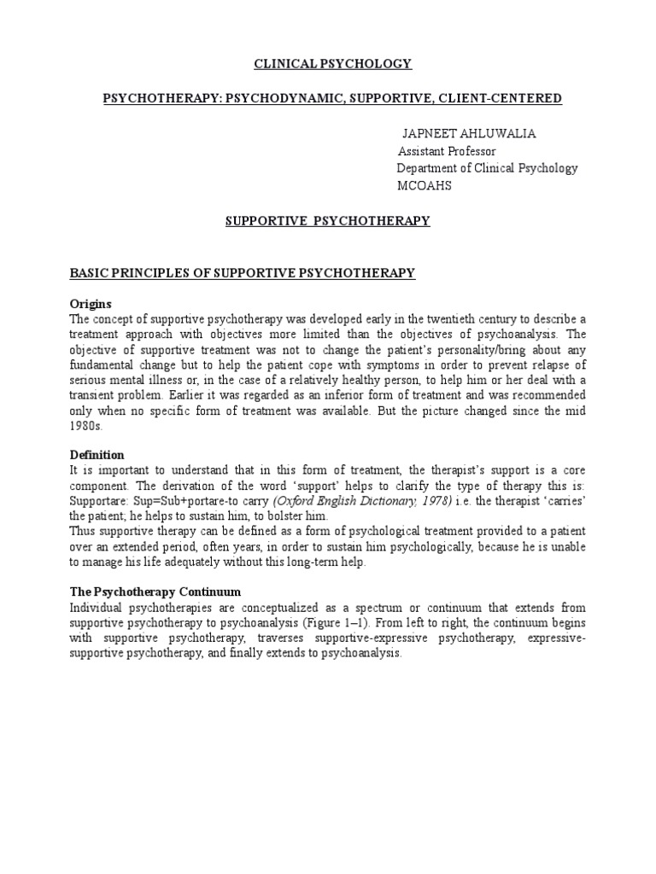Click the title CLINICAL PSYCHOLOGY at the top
point(328,64)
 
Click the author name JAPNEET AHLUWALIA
point(464,135)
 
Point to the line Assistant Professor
point(447,151)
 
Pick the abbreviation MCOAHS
point(425,185)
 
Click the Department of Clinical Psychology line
point(488,168)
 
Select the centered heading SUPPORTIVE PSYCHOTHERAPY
point(328,221)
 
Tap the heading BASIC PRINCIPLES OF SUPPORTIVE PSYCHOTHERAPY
point(242,273)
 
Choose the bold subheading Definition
point(97,455)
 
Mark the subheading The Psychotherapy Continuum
point(155,591)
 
